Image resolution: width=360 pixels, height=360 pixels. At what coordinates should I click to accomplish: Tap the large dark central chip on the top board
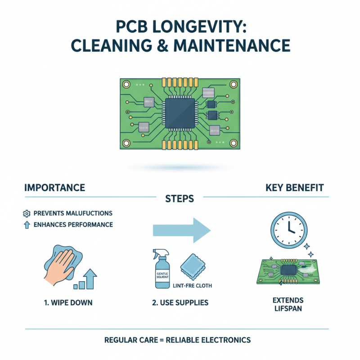[180, 109]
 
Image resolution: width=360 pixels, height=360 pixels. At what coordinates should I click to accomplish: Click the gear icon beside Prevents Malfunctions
[26, 213]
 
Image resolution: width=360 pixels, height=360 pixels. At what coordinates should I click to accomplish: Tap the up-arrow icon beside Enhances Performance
[26, 224]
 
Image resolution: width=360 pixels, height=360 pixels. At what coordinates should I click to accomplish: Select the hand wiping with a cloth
[61, 263]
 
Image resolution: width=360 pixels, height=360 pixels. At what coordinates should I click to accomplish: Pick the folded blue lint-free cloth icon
[193, 268]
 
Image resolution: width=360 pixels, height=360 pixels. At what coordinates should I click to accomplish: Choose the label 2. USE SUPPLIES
[180, 302]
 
